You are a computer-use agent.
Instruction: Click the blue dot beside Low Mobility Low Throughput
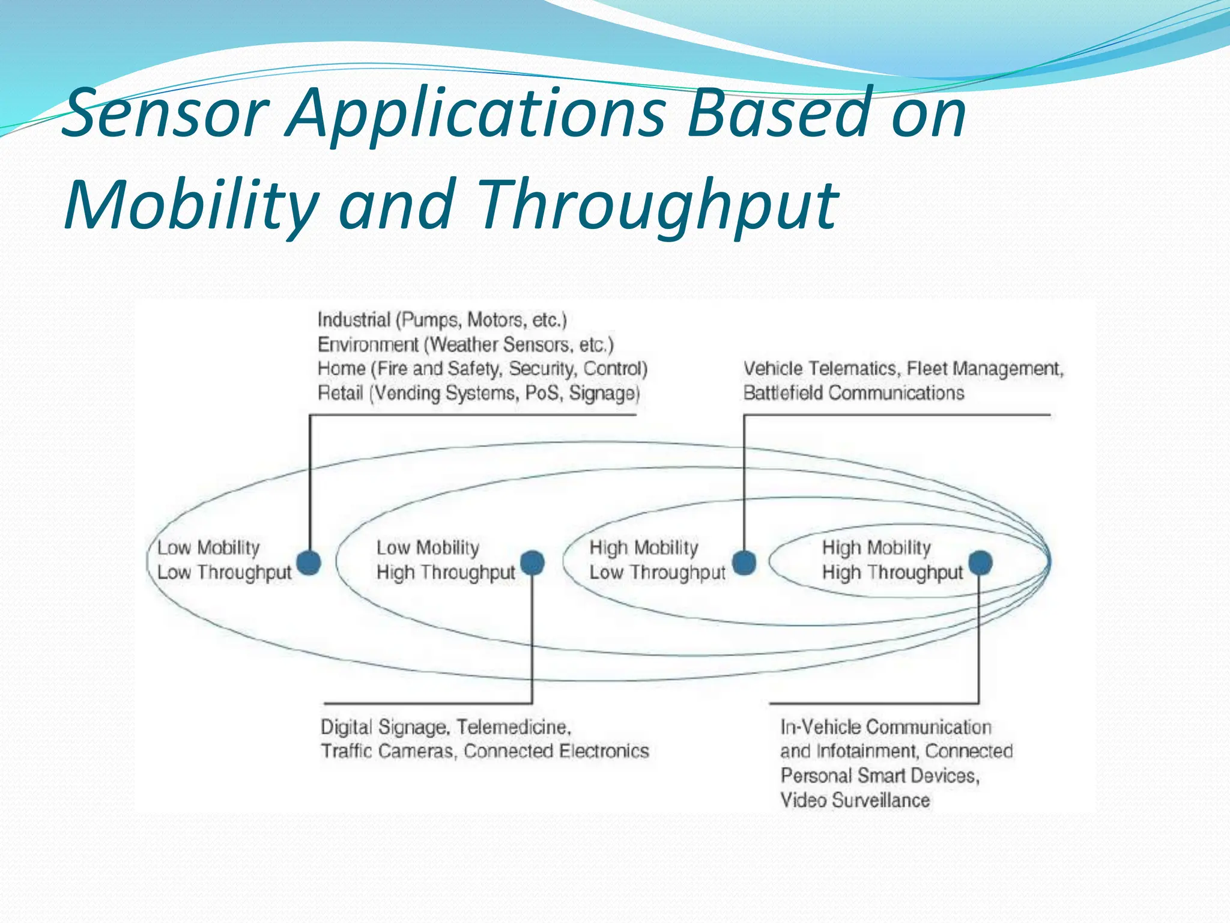pyautogui.click(x=309, y=562)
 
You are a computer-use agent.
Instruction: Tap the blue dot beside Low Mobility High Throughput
pyautogui.click(x=532, y=563)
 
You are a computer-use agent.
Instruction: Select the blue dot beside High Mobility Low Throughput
pyautogui.click(x=744, y=562)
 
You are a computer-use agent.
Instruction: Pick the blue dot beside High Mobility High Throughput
pyautogui.click(x=980, y=562)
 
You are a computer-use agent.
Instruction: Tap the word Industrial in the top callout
pyautogui.click(x=354, y=320)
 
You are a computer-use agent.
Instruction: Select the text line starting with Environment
pyautogui.click(x=465, y=345)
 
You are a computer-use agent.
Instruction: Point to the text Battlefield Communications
pyautogui.click(x=853, y=393)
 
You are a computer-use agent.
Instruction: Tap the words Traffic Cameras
pyautogui.click(x=387, y=751)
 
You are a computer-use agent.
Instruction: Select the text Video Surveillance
pyautogui.click(x=855, y=800)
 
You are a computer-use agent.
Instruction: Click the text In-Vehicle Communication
pyautogui.click(x=885, y=727)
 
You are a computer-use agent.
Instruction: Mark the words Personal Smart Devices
pyautogui.click(x=879, y=776)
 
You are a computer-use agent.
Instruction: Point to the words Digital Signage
pyautogui.click(x=384, y=727)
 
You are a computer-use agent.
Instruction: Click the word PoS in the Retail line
pyautogui.click(x=542, y=393)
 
